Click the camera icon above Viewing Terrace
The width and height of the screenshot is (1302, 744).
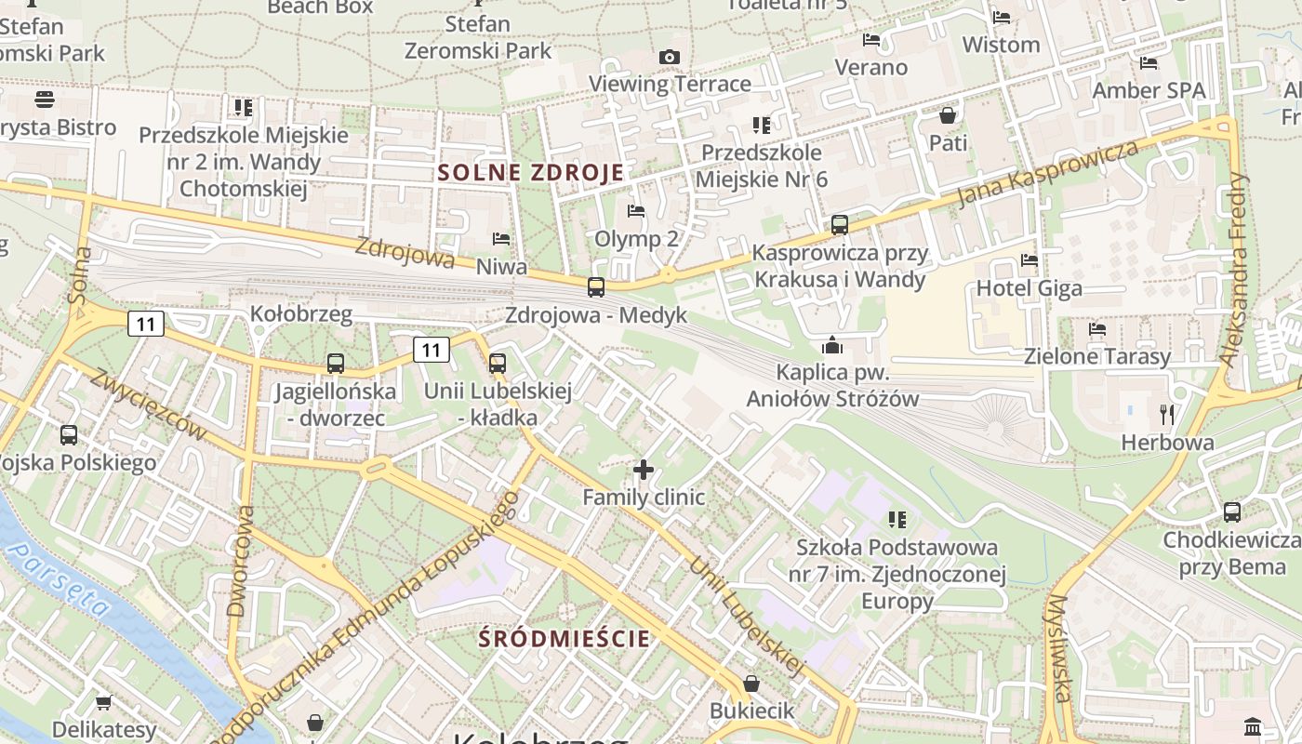pos(669,58)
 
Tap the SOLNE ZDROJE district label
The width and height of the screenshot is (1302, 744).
pos(531,172)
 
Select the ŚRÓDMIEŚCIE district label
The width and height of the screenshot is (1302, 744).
pos(565,639)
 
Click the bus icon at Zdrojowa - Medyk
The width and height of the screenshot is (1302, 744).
pos(596,287)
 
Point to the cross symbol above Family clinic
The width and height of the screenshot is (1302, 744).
pos(643,470)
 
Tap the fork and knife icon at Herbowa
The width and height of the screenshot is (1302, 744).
pos(1167,415)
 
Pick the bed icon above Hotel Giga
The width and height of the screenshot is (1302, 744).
pos(1029,260)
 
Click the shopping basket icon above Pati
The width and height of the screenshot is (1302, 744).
pos(948,115)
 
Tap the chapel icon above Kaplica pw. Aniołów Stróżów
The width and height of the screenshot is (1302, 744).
pos(832,346)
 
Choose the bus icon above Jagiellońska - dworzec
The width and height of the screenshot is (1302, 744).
pos(335,364)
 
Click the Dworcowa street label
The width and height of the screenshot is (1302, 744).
pos(239,561)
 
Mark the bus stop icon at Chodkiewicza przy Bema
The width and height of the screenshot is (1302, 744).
pos(1232,511)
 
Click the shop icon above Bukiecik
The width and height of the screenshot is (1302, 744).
pos(751,684)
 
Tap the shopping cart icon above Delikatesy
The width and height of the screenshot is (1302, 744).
pos(104,702)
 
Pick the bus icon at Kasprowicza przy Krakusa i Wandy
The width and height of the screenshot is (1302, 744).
pos(840,224)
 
